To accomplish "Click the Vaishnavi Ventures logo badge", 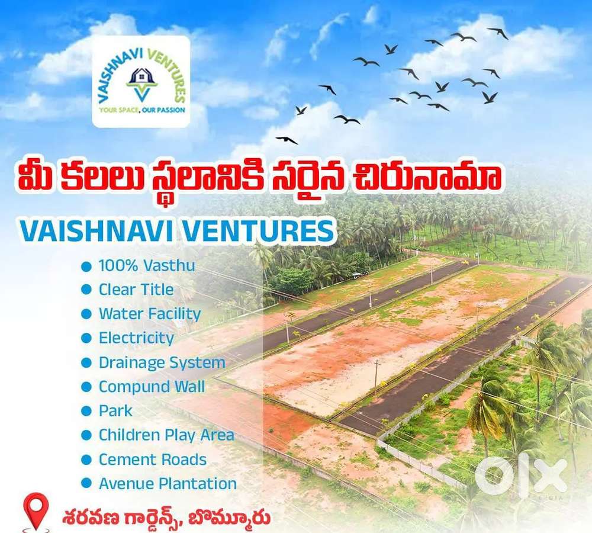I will [141, 81].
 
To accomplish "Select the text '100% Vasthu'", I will [146, 265].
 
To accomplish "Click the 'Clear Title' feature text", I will [136, 290].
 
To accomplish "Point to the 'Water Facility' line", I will [150, 314].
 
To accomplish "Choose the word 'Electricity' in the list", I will [136, 338].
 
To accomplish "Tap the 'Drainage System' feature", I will [162, 362].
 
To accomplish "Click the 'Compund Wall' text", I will [152, 387].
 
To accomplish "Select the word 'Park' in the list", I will [115, 411].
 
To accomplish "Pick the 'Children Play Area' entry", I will [166, 435].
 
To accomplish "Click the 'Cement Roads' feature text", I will [153, 460].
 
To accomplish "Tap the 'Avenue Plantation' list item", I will [168, 484].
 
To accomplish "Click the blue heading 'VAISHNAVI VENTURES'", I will [177, 232].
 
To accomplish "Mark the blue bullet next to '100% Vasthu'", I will [86, 266].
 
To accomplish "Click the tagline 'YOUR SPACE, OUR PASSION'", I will [141, 110].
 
